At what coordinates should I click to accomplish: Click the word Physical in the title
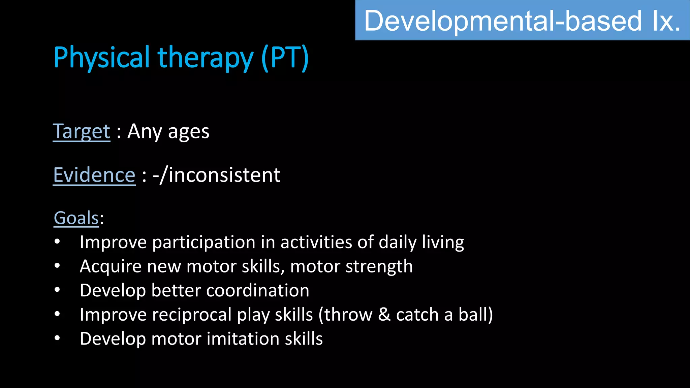click(101, 58)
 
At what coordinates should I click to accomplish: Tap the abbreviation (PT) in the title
click(285, 58)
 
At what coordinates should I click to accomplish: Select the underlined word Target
click(82, 132)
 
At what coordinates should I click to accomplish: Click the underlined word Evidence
click(94, 175)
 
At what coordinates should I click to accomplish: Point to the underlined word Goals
click(76, 218)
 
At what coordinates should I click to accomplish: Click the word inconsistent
click(224, 175)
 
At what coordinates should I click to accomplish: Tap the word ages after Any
click(189, 132)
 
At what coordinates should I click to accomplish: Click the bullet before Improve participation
click(57, 242)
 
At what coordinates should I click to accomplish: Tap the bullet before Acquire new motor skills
click(57, 266)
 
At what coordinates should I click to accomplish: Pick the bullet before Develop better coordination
click(57, 290)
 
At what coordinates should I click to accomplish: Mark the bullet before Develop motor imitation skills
click(57, 338)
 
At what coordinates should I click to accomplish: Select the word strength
click(379, 267)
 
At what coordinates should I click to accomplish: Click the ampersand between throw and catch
click(384, 315)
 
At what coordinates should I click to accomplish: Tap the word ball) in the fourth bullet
click(475, 315)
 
